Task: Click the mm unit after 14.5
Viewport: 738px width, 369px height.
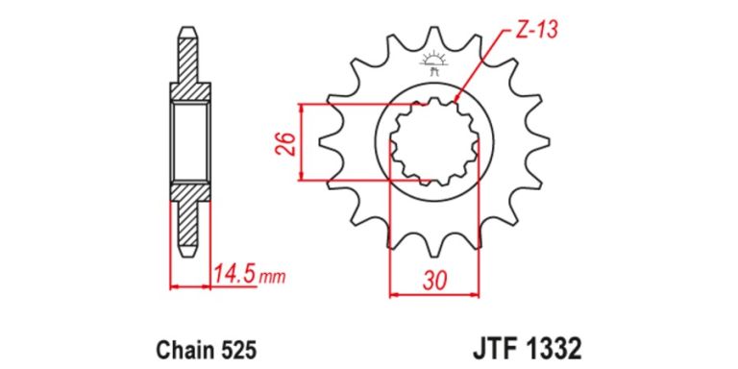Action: [x=272, y=278]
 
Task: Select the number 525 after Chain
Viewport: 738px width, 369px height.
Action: [x=240, y=350]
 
